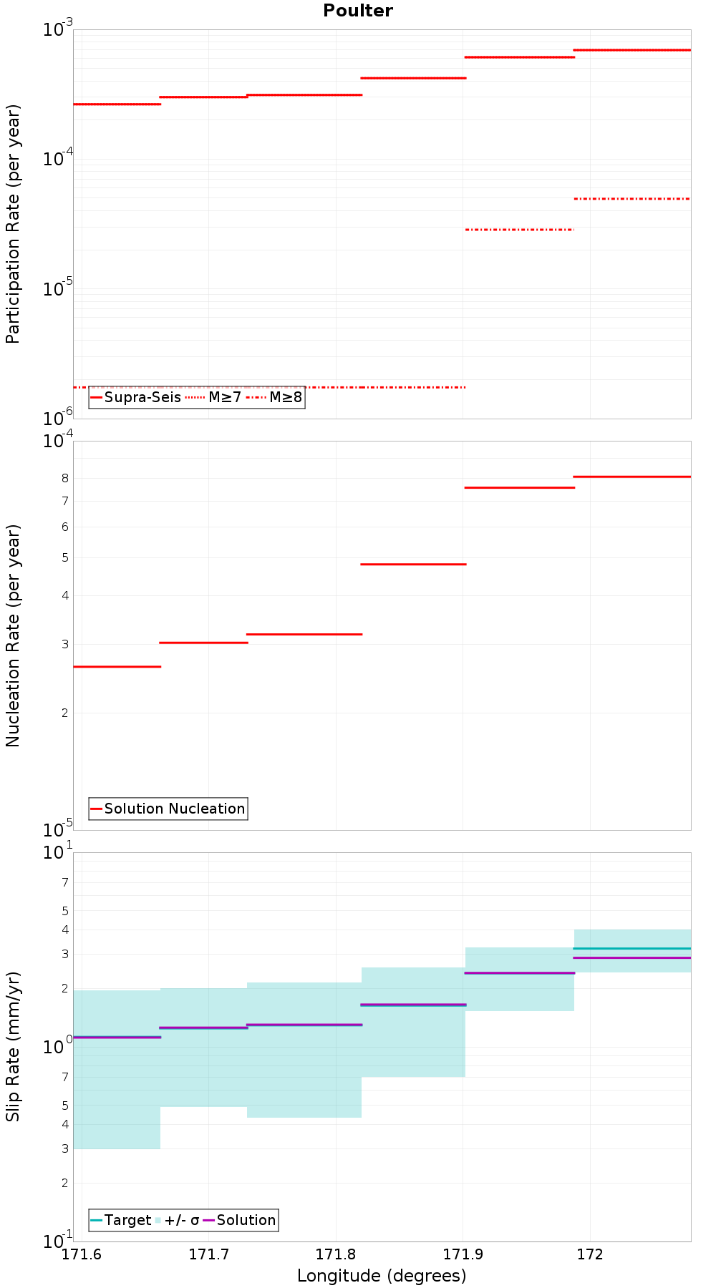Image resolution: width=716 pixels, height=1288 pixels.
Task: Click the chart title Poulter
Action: tap(357, 11)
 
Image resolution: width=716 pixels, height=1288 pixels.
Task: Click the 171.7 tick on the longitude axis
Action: tap(208, 1254)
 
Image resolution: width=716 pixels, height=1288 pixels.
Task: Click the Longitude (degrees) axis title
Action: tap(382, 1276)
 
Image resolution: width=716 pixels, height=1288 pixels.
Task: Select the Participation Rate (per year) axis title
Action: tap(13, 224)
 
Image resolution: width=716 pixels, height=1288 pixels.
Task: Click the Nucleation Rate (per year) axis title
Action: tap(13, 635)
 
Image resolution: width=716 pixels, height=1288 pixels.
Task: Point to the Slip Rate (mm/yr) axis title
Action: tap(13, 1047)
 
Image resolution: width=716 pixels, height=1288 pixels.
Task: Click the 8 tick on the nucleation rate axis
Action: tap(64, 478)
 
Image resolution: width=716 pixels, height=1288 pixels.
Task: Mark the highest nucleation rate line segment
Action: tap(632, 477)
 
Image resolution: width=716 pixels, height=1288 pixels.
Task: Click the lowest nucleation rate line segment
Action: tap(117, 667)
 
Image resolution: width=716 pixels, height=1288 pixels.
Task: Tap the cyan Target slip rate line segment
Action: tap(632, 948)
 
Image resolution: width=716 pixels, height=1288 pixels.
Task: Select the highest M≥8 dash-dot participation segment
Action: tap(632, 199)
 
